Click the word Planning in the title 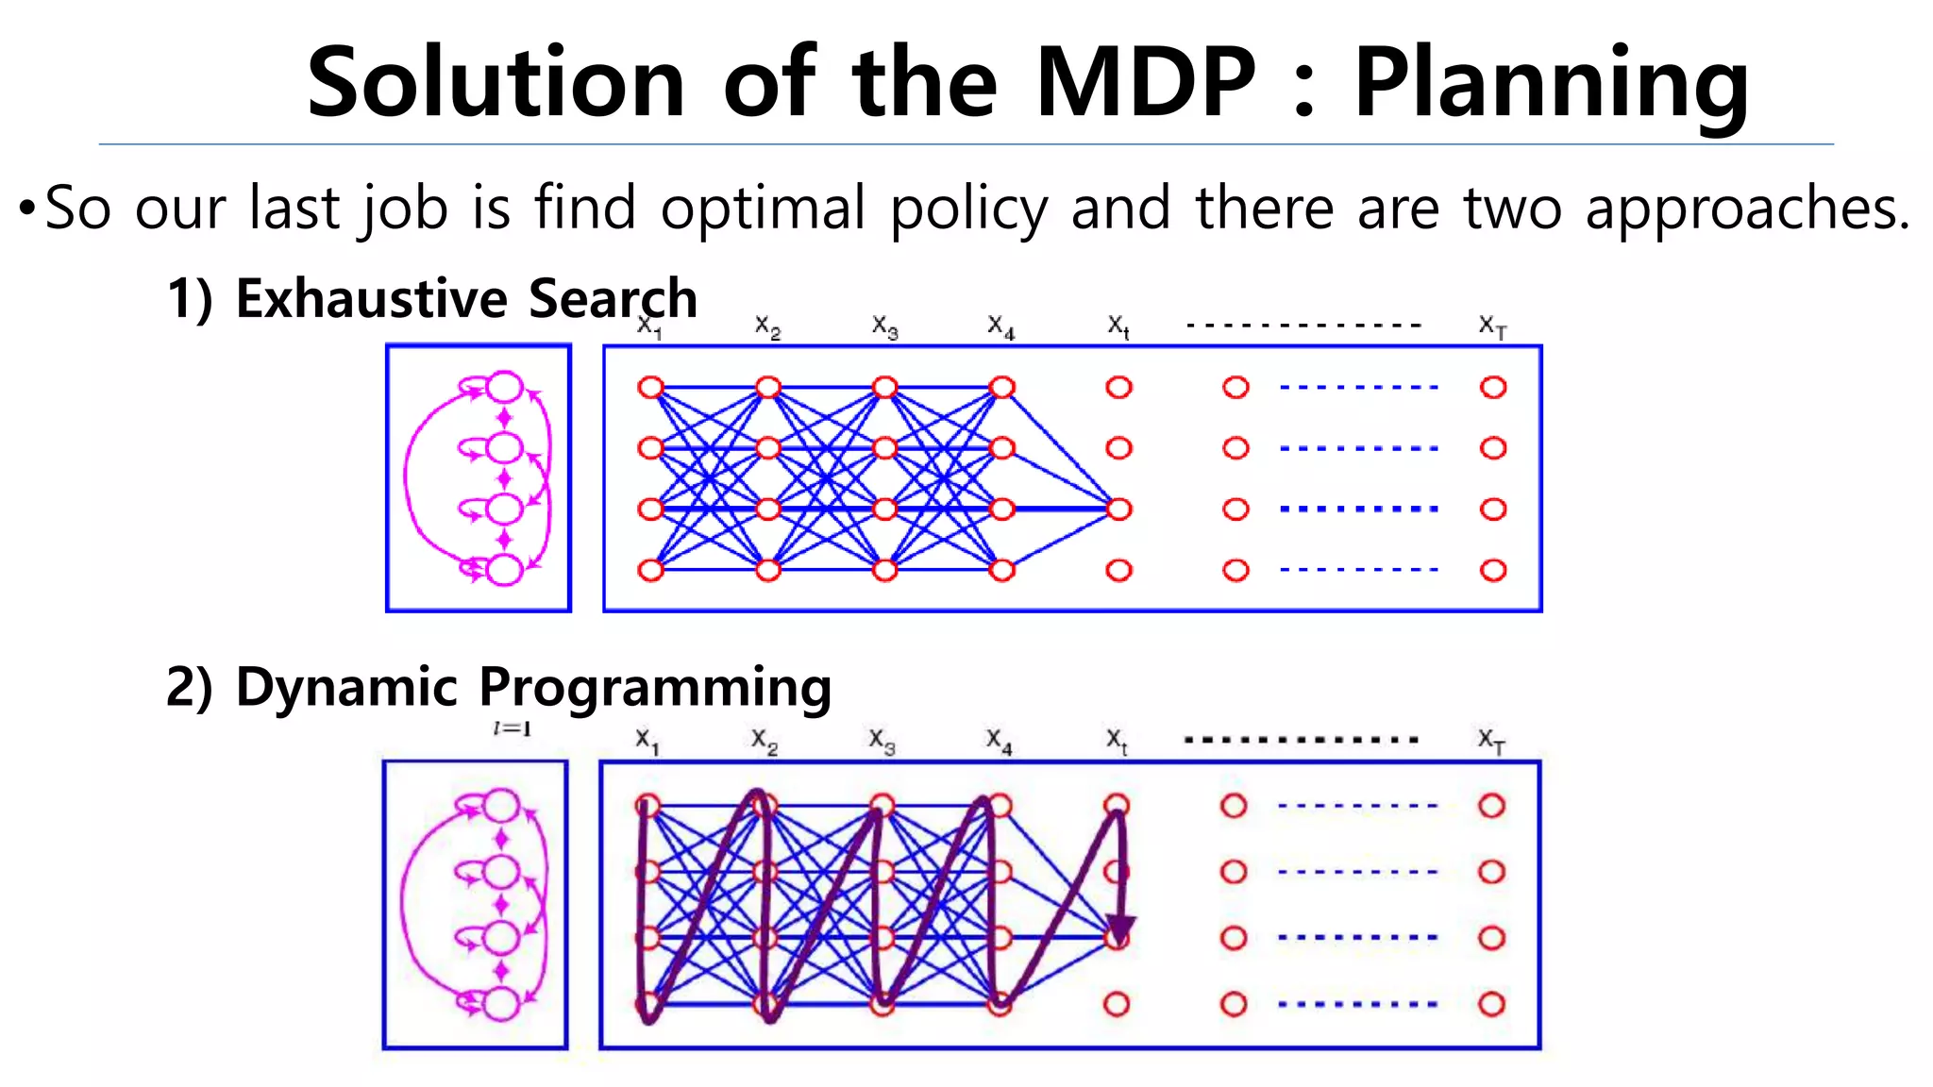tap(1552, 85)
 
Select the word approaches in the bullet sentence tap(1747, 209)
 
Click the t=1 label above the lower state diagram tap(513, 728)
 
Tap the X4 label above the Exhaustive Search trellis tap(1001, 326)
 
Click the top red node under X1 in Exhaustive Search tap(651, 388)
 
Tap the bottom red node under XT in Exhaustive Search tap(1493, 570)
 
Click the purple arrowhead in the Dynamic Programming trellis tap(1120, 928)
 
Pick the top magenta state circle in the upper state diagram tap(505, 387)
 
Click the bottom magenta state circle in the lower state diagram tap(501, 1004)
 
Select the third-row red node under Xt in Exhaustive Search tap(1118, 510)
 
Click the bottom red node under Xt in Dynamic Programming tap(1117, 1004)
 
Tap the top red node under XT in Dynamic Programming tap(1491, 806)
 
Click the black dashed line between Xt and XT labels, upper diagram tap(1303, 325)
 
